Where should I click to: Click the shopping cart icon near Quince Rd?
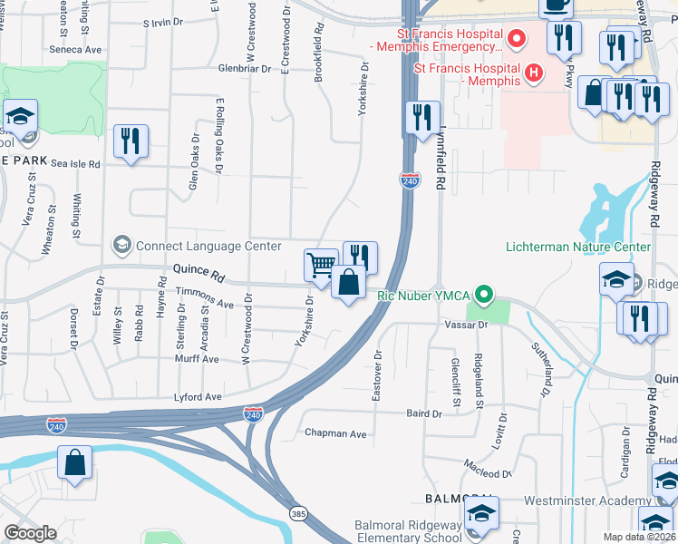click(x=320, y=265)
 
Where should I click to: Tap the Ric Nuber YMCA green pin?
click(x=485, y=294)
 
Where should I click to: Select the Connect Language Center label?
click(x=208, y=246)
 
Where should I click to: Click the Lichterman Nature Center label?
click(x=577, y=247)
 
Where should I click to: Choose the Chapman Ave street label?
click(x=335, y=434)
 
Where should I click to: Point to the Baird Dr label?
click(x=423, y=413)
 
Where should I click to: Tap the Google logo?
click(x=30, y=533)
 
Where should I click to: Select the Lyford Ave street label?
click(x=199, y=397)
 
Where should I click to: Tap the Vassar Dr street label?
click(x=466, y=324)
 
